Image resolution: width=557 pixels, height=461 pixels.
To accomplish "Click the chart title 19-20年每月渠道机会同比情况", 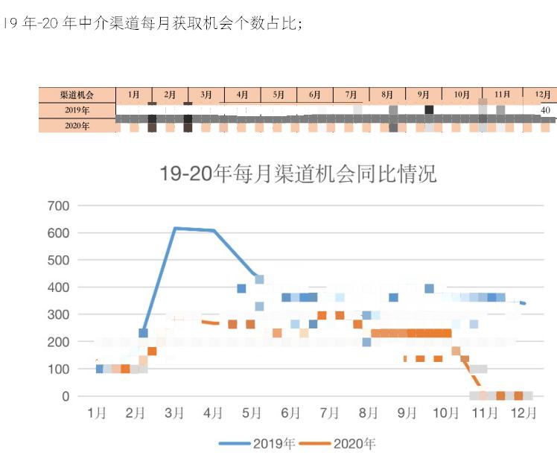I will click(298, 174).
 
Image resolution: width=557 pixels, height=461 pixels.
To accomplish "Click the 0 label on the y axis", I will click(66, 396).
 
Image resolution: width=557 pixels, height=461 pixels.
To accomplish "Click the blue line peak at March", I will click(175, 228).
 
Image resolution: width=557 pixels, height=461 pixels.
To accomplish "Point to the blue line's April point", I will click(214, 231).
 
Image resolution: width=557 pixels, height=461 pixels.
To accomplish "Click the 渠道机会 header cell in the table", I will click(77, 95).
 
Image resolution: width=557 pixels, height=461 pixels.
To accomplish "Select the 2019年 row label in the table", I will click(77, 110).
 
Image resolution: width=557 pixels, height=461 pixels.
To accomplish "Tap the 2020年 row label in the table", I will click(77, 126).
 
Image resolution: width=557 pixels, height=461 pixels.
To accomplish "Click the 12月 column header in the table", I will click(543, 95).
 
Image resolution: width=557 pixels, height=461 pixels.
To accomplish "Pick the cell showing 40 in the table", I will click(545, 110).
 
